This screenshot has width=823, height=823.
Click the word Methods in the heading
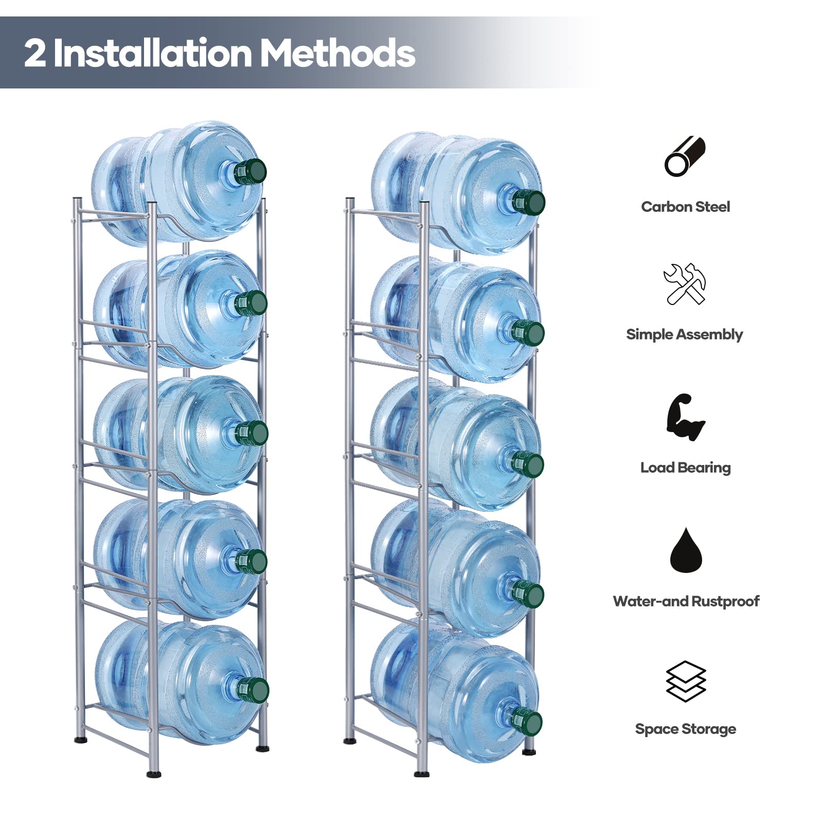[337, 53]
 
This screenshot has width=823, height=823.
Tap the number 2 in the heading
[34, 53]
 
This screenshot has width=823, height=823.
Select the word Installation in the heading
[153, 53]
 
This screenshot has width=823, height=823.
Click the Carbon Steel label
[685, 207]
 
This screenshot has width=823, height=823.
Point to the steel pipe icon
[685, 156]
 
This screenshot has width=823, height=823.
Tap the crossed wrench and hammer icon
[685, 284]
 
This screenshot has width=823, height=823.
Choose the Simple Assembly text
[684, 334]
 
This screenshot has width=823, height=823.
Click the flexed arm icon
[685, 417]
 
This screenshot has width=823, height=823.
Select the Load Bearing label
[685, 468]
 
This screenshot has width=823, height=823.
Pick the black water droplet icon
[686, 551]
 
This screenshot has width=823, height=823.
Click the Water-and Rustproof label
[686, 601]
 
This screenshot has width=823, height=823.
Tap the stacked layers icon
[686, 682]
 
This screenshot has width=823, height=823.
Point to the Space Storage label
[685, 729]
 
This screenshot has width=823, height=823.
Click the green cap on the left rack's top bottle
[251, 172]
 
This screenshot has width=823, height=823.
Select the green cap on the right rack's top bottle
[528, 202]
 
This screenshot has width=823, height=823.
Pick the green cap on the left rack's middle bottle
[252, 433]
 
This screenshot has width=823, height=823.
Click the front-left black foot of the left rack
[153, 773]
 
